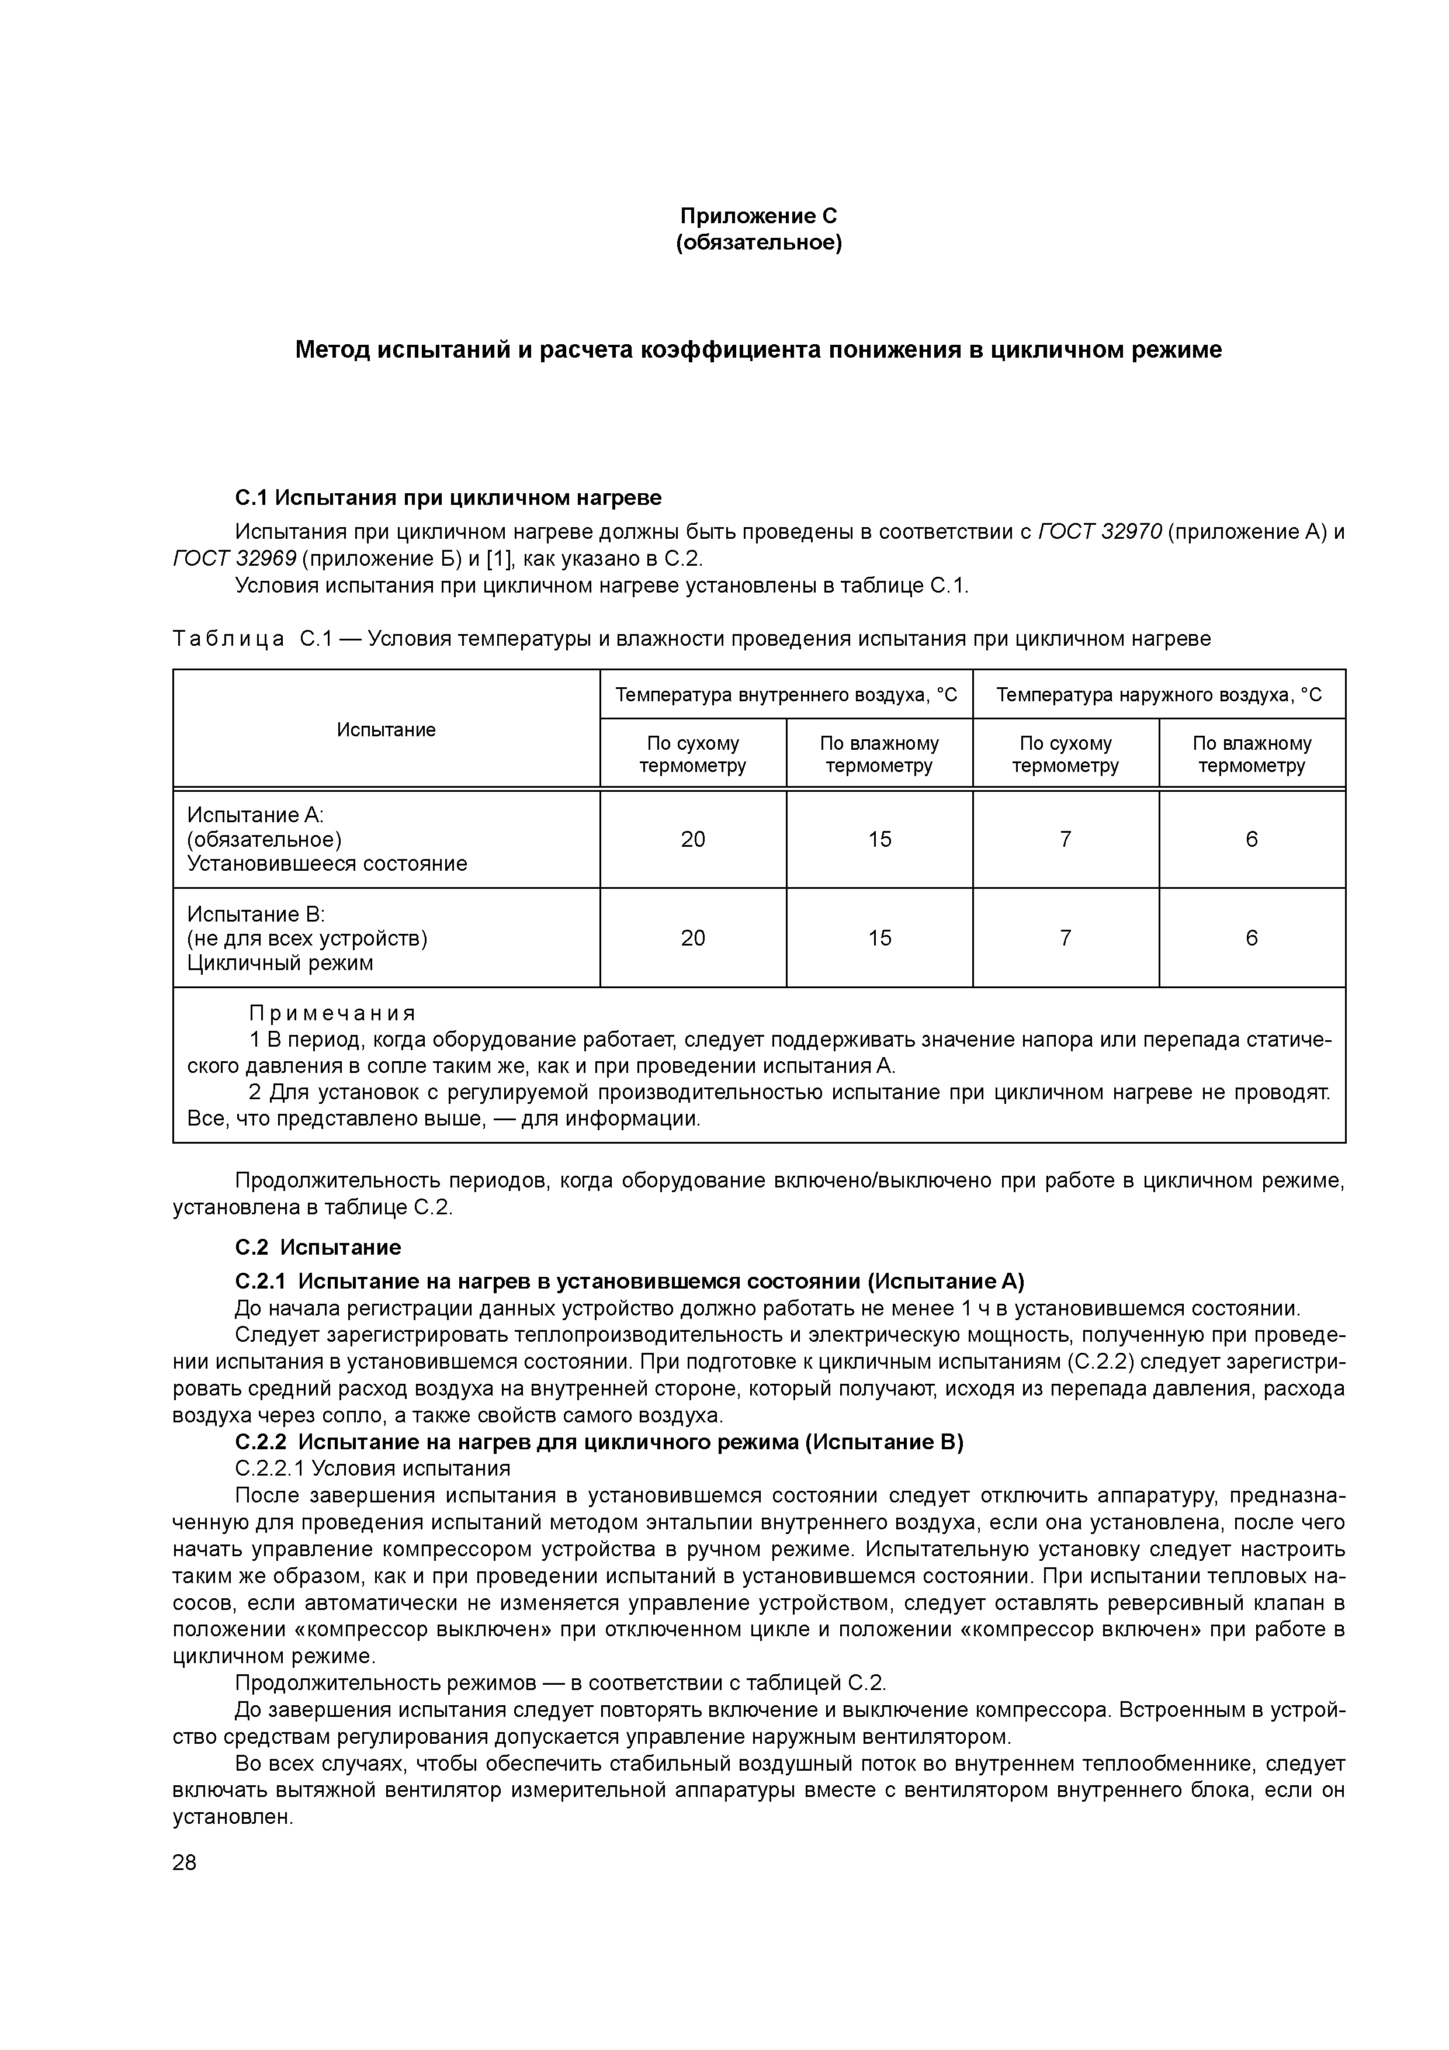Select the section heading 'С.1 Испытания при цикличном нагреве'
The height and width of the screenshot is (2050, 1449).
click(x=448, y=496)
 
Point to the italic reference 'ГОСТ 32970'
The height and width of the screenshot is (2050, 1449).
click(x=1100, y=532)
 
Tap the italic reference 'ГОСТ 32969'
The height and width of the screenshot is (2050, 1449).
click(x=233, y=559)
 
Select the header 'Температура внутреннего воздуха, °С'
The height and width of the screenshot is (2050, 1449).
click(x=786, y=695)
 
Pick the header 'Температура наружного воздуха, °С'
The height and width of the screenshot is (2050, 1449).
click(x=1158, y=695)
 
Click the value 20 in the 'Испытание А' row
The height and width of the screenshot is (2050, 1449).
click(x=693, y=839)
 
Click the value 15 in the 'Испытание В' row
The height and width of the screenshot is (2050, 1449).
click(x=879, y=937)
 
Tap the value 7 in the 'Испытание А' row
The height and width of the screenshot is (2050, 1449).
click(x=1065, y=839)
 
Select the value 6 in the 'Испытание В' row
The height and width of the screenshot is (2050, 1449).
click(x=1251, y=937)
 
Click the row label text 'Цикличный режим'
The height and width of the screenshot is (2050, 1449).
click(x=279, y=962)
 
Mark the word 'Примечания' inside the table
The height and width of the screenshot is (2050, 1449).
click(x=332, y=1013)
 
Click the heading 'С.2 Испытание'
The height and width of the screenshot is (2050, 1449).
click(x=318, y=1247)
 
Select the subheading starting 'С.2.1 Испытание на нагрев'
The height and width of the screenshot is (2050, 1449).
click(x=629, y=1281)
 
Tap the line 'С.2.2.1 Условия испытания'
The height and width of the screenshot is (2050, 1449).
click(x=372, y=1469)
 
